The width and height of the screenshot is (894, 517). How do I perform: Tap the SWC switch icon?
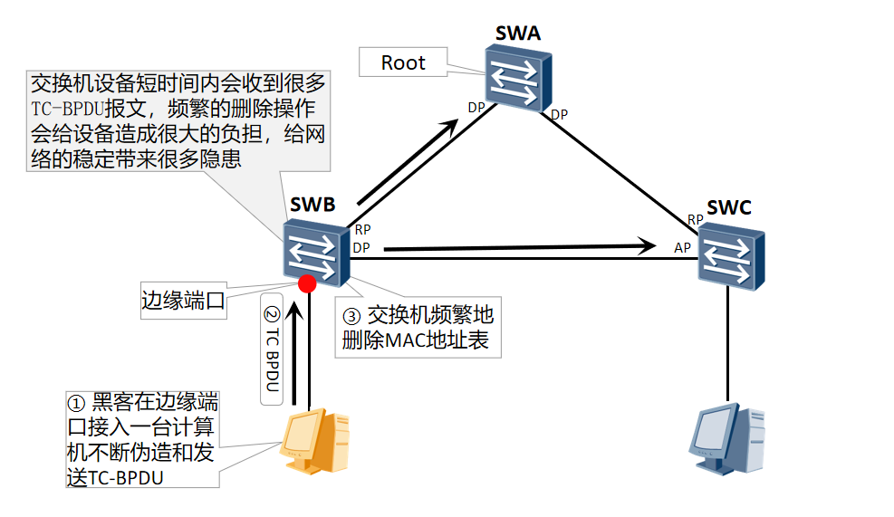point(731,257)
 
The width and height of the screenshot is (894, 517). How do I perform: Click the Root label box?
point(403,62)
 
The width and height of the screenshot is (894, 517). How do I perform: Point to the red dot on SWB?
point(308,282)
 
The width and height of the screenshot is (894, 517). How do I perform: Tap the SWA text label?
point(517,34)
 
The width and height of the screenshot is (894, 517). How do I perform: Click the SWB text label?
point(312,205)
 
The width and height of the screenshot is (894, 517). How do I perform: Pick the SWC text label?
point(729,208)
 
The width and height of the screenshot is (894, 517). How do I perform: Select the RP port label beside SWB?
point(362,231)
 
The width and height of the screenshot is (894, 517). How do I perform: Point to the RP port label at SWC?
point(695,220)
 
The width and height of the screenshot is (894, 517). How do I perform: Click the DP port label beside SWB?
point(361,247)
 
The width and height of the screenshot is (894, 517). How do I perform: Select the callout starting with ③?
point(418,328)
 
